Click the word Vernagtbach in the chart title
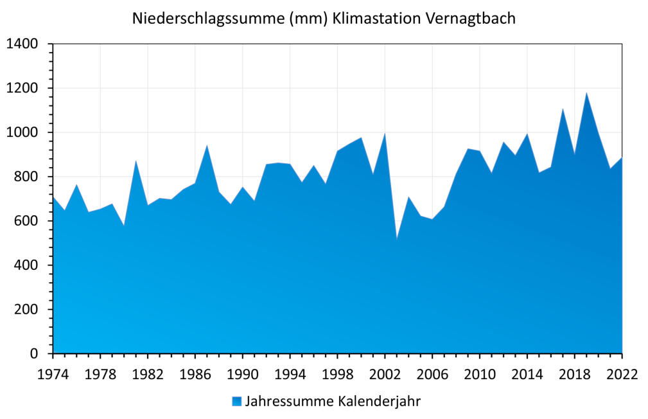click(470, 19)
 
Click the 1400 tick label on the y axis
click(22, 44)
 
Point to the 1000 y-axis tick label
click(22, 133)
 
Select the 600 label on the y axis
click(27, 221)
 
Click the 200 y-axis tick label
click(27, 310)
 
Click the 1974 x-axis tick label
click(53, 374)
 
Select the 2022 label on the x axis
click(622, 374)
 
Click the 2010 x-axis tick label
click(480, 374)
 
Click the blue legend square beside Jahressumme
click(237, 402)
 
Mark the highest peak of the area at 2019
click(586, 93)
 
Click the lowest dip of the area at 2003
click(397, 238)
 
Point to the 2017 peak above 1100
click(563, 109)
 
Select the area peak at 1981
click(136, 161)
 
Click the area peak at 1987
click(207, 145)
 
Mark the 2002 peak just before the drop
click(385, 133)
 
